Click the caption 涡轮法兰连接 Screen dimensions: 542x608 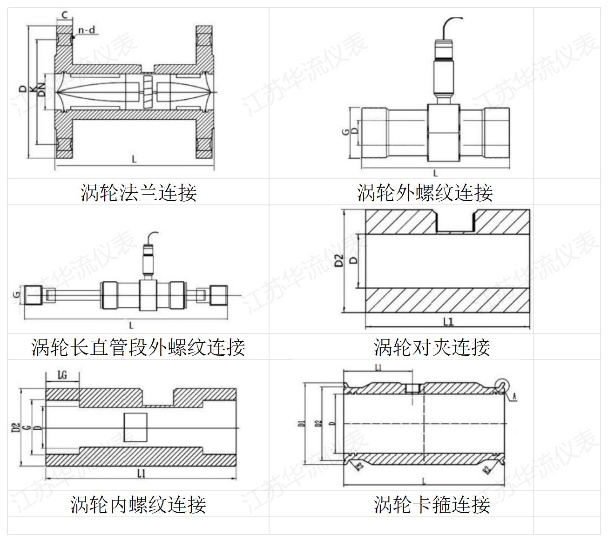coord(138,192)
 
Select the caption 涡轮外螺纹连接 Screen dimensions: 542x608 coord(425,192)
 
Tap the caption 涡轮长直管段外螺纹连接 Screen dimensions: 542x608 coord(138,347)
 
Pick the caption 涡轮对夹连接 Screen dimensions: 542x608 coord(432,347)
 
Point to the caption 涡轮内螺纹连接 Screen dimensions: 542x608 coord(138,504)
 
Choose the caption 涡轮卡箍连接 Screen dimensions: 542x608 coord(432,504)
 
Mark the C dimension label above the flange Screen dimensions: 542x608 coord(65,15)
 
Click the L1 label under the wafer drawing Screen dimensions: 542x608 coord(448,321)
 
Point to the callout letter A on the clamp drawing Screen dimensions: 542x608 coord(514,396)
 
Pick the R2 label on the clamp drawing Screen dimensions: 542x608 coord(486,469)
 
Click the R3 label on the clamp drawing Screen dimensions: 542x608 coord(360,467)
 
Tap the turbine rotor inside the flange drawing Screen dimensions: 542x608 coord(149,92)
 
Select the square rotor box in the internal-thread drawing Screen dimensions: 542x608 coord(135,427)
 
